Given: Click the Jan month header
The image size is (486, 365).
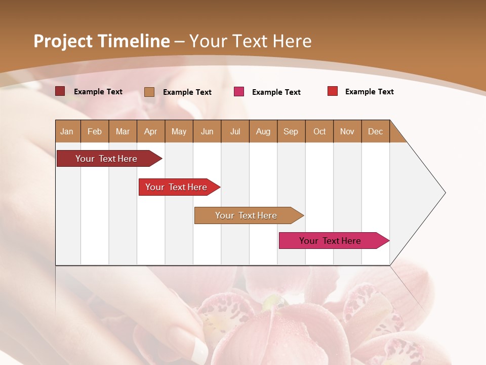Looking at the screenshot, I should (67, 131).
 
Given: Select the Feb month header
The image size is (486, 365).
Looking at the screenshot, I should (95, 131).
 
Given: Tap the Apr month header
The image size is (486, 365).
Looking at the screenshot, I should (150, 131).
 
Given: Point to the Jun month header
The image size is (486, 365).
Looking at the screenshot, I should (207, 131).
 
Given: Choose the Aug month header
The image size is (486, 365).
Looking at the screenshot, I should (263, 131).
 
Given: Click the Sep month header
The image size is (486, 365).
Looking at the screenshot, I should (291, 131).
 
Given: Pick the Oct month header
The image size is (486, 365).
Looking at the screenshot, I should (319, 131).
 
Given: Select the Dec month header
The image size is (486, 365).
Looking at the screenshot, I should (376, 131).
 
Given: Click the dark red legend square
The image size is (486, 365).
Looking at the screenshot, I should (60, 91).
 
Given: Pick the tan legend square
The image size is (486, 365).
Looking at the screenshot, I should (149, 92).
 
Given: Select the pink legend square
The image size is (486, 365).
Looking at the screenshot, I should (239, 92).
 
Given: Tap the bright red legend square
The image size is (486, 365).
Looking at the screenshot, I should (333, 91).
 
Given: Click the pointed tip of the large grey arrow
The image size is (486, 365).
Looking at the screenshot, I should (444, 192).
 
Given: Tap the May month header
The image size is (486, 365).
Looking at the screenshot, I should (179, 131).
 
